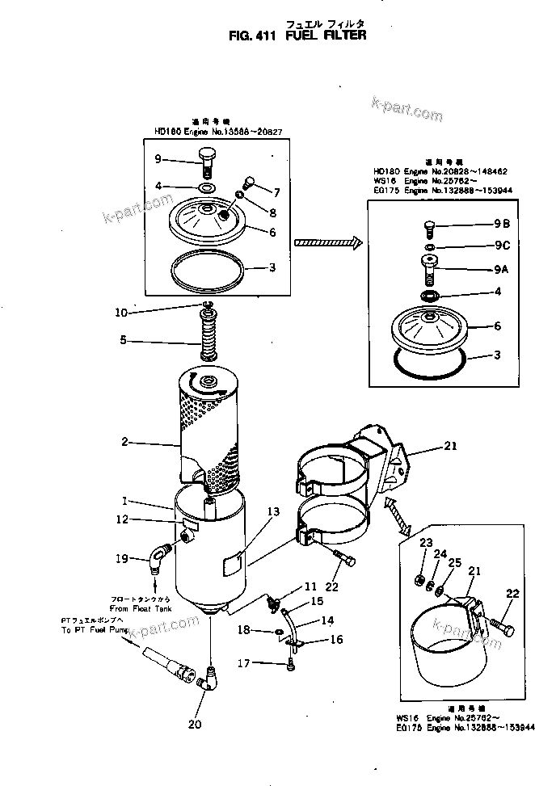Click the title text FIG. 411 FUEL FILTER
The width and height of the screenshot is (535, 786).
[x=297, y=35]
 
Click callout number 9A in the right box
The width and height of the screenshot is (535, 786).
[x=501, y=271]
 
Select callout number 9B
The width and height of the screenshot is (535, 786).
[x=501, y=223]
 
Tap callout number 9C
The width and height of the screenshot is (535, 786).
[x=501, y=246]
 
